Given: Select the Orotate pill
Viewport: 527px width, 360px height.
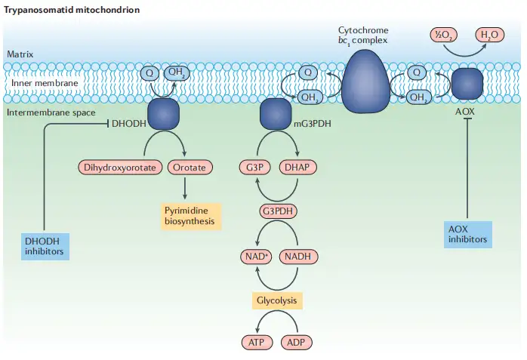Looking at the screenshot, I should (188, 167).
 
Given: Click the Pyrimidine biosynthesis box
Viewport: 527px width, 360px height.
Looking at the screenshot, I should (190, 215).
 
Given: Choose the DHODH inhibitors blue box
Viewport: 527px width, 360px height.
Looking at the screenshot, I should (44, 246).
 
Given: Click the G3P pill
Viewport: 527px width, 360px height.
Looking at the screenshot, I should (254, 167).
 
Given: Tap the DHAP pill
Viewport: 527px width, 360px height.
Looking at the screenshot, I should (298, 167).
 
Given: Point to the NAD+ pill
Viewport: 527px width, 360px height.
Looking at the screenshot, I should (254, 257).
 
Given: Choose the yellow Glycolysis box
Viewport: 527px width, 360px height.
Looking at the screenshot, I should (277, 300).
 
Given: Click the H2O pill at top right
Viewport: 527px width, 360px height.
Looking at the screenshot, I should (489, 34).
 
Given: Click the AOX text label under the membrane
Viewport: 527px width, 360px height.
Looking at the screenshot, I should (466, 112).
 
